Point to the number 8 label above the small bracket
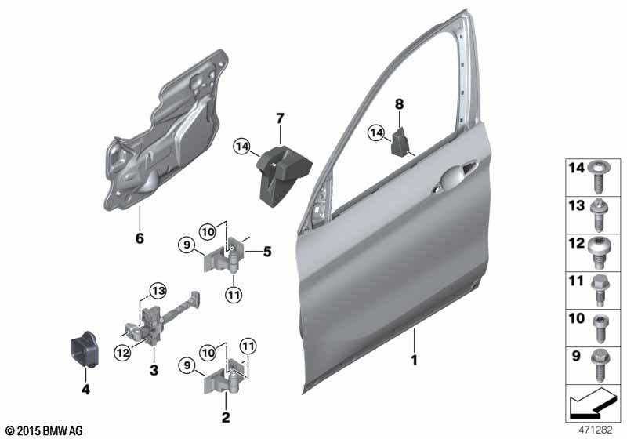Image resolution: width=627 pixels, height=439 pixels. click(x=399, y=103)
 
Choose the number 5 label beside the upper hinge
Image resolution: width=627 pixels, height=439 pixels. click(x=267, y=252)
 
